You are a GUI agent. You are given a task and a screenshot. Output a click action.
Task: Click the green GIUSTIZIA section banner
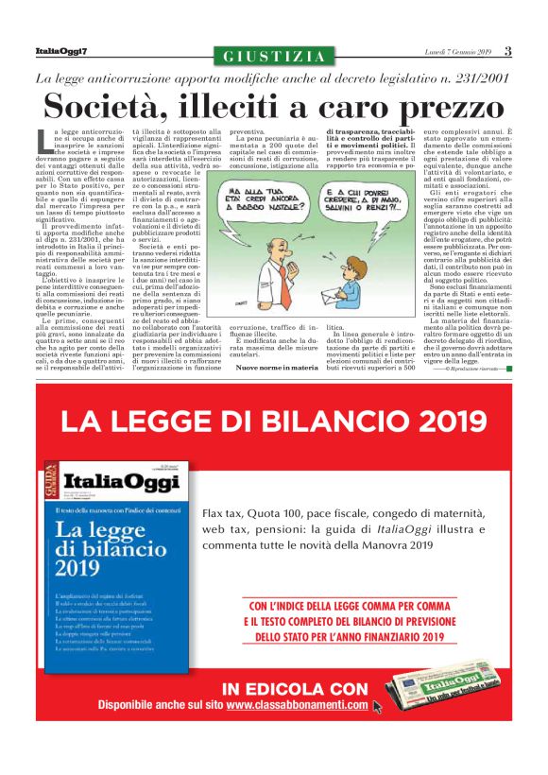pyautogui.click(x=274, y=57)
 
